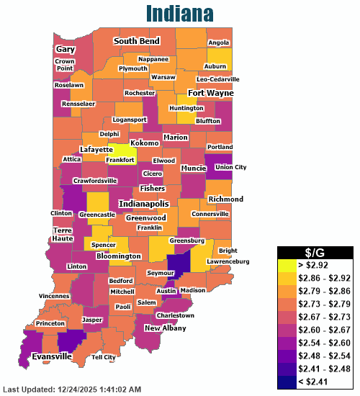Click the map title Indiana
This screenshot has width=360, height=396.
(179, 14)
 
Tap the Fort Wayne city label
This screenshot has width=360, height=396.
(210, 93)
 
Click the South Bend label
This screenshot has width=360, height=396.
(136, 42)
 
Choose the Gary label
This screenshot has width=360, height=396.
(66, 49)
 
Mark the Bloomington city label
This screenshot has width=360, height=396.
(114, 256)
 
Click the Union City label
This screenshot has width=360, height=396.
(230, 167)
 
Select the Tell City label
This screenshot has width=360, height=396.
(104, 357)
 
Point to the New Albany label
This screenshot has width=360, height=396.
(164, 328)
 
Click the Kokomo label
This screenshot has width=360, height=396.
(145, 143)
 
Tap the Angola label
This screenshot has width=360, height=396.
(218, 42)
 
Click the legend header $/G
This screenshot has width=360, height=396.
(315, 252)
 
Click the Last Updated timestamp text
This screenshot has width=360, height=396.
(76, 389)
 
